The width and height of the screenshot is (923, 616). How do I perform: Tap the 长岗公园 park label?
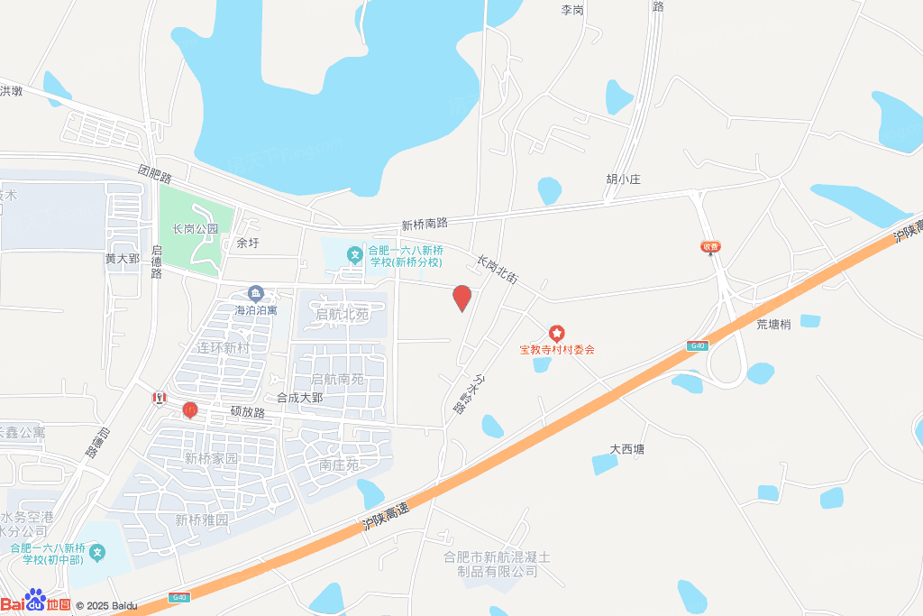[x=196, y=229]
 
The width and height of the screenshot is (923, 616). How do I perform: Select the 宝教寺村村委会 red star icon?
[x=556, y=334]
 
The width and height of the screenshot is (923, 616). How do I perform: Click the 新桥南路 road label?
[x=425, y=223]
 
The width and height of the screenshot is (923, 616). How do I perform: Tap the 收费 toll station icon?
[x=710, y=247]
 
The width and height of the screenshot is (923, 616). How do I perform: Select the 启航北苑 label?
[x=342, y=315]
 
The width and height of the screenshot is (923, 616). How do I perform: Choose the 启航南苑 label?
[x=337, y=380]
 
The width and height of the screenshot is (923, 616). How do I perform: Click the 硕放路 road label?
[x=247, y=412]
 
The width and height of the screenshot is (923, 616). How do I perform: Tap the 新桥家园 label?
[x=211, y=458]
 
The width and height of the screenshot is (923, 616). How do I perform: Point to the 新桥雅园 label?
[x=202, y=520]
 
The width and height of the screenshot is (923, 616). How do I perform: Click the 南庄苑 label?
[x=339, y=465]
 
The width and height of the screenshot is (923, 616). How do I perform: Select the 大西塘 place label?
[x=627, y=448]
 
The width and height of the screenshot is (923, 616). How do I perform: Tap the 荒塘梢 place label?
[x=773, y=325]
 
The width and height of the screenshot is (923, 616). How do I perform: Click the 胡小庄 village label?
[x=623, y=179]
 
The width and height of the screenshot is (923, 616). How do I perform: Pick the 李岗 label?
[x=572, y=10]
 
